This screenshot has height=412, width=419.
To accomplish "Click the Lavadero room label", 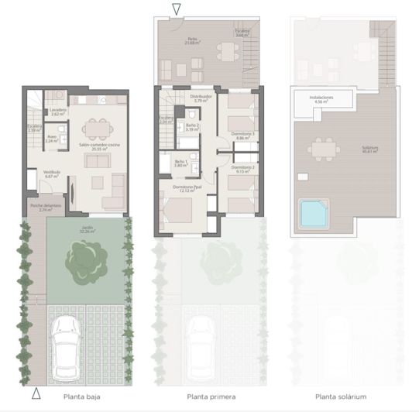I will pyautogui.click(x=58, y=112).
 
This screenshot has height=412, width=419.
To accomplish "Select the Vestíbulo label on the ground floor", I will pyautogui.click(x=52, y=174).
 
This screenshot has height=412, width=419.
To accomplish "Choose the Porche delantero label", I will pyautogui.click(x=41, y=208).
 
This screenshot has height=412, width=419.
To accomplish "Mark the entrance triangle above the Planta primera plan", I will pyautogui.click(x=177, y=9).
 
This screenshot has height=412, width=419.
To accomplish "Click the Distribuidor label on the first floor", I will pyautogui.click(x=201, y=99).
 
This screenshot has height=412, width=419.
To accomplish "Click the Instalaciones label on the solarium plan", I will pyautogui.click(x=322, y=99).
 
